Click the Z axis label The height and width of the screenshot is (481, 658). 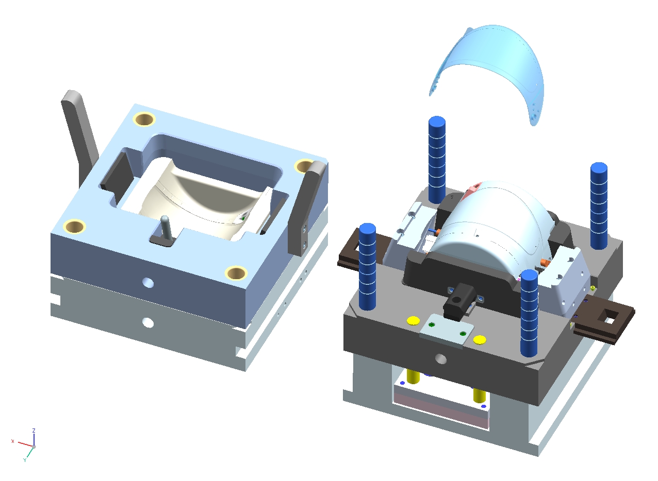[x=34, y=431]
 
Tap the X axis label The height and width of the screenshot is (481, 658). [x=12, y=441]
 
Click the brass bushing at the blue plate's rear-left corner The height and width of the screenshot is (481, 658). [x=144, y=119]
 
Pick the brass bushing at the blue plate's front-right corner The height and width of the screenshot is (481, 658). [x=236, y=273]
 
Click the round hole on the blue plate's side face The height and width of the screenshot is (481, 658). [x=148, y=283]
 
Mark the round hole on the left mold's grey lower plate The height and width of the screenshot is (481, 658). [x=148, y=322]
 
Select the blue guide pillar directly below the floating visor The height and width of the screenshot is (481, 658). [x=437, y=160]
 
